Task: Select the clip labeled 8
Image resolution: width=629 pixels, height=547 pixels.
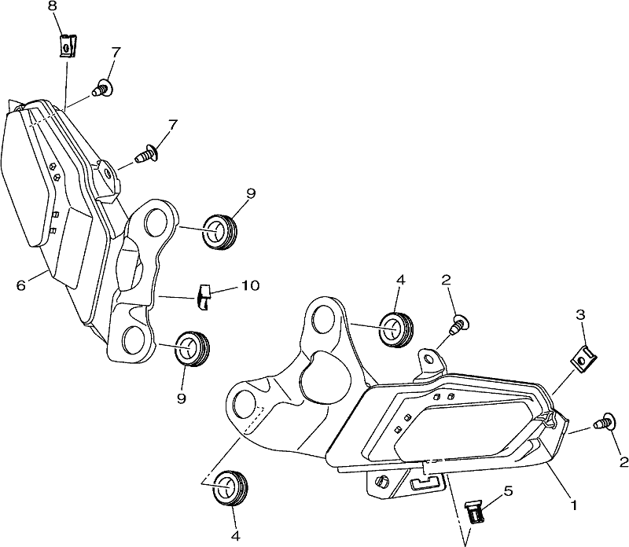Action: (68, 46)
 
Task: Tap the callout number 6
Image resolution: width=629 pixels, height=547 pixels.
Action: (21, 285)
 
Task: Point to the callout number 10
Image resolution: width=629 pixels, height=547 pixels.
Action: (250, 285)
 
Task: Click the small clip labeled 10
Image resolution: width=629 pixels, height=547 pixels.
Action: (204, 297)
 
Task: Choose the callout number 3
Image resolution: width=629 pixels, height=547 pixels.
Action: (580, 315)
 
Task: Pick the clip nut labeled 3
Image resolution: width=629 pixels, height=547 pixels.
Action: (583, 358)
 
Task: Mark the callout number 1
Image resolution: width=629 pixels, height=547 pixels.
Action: (574, 505)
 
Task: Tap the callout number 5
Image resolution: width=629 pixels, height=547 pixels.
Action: (508, 490)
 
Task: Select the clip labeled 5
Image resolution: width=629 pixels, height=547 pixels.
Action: (475, 512)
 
